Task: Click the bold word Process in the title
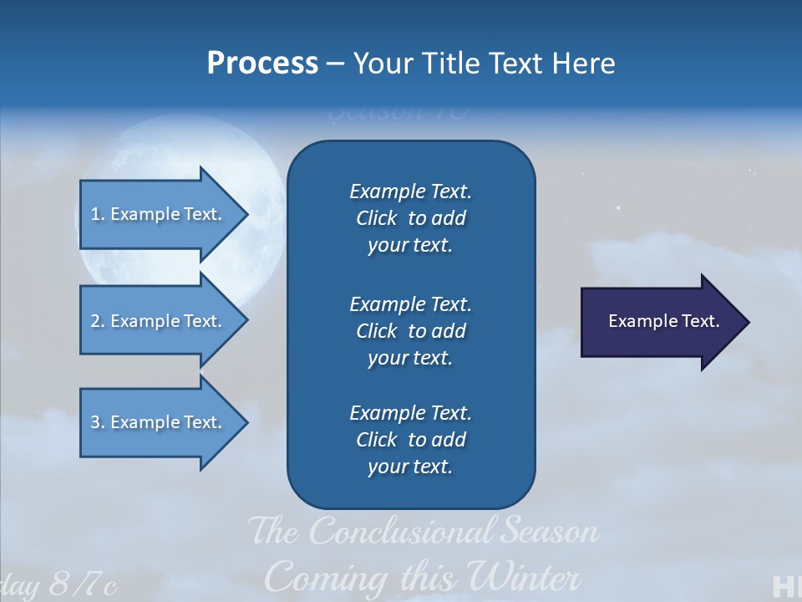262,64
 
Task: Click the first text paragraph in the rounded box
410,218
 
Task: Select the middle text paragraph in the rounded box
410,331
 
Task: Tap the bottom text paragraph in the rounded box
410,440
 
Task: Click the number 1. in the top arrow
98,214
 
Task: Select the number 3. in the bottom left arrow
98,422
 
